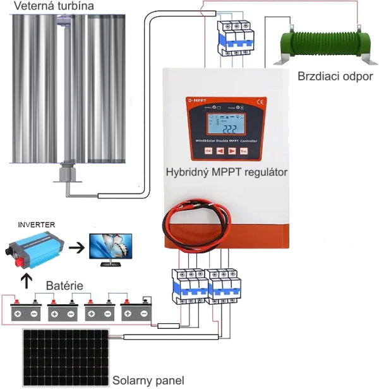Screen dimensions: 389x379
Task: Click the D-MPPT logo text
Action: click(197, 99)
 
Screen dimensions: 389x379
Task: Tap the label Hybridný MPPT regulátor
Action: click(226, 172)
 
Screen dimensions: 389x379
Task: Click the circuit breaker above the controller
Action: click(231, 39)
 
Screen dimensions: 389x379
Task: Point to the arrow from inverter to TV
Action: click(75, 247)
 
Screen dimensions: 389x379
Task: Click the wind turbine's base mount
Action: click(66, 175)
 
